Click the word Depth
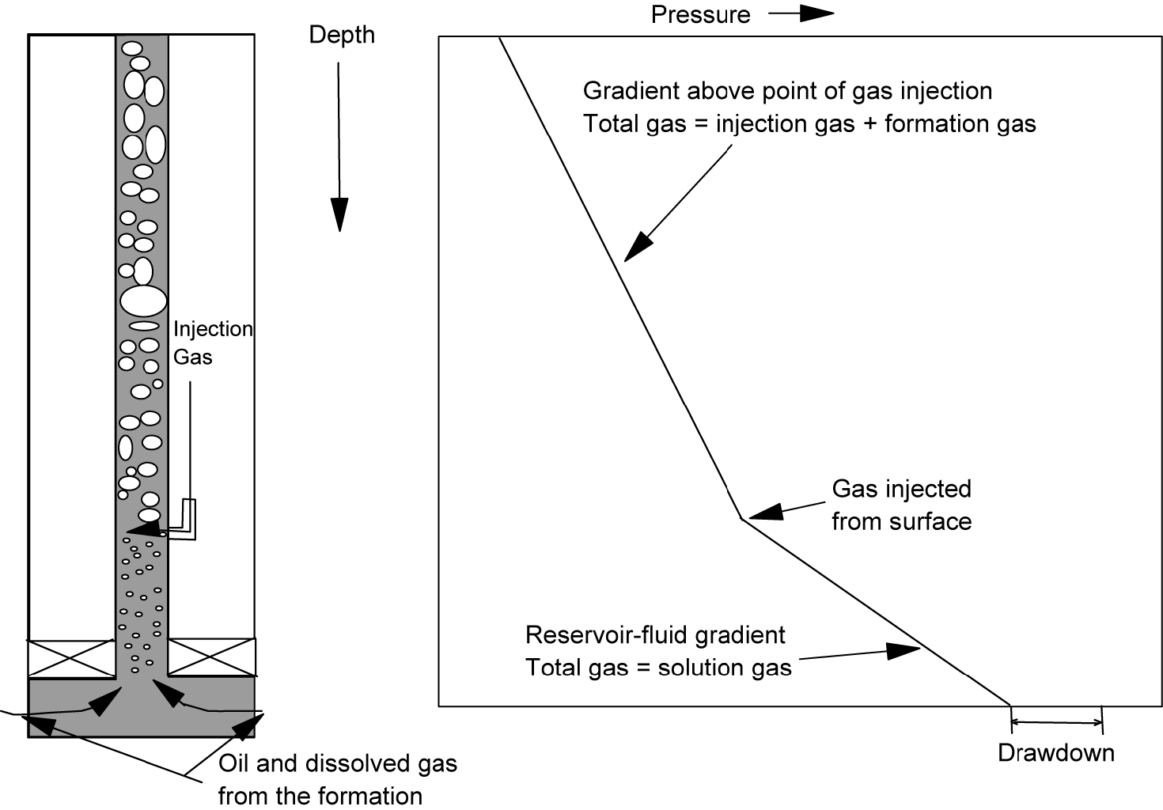tap(341, 35)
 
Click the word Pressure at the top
tap(700, 14)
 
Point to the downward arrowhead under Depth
tap(339, 214)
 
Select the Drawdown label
tap(1055, 752)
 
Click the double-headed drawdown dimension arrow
tap(1056, 721)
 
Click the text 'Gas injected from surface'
tap(901, 505)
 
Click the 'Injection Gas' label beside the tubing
tap(212, 343)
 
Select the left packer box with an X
tap(71, 657)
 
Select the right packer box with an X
tap(211, 657)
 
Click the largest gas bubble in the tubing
tap(144, 301)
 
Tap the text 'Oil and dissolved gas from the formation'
tap(337, 779)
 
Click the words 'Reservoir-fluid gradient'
tap(655, 635)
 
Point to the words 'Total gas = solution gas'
tap(658, 668)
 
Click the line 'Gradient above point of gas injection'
tap(787, 91)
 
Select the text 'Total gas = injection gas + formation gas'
tap(809, 123)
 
